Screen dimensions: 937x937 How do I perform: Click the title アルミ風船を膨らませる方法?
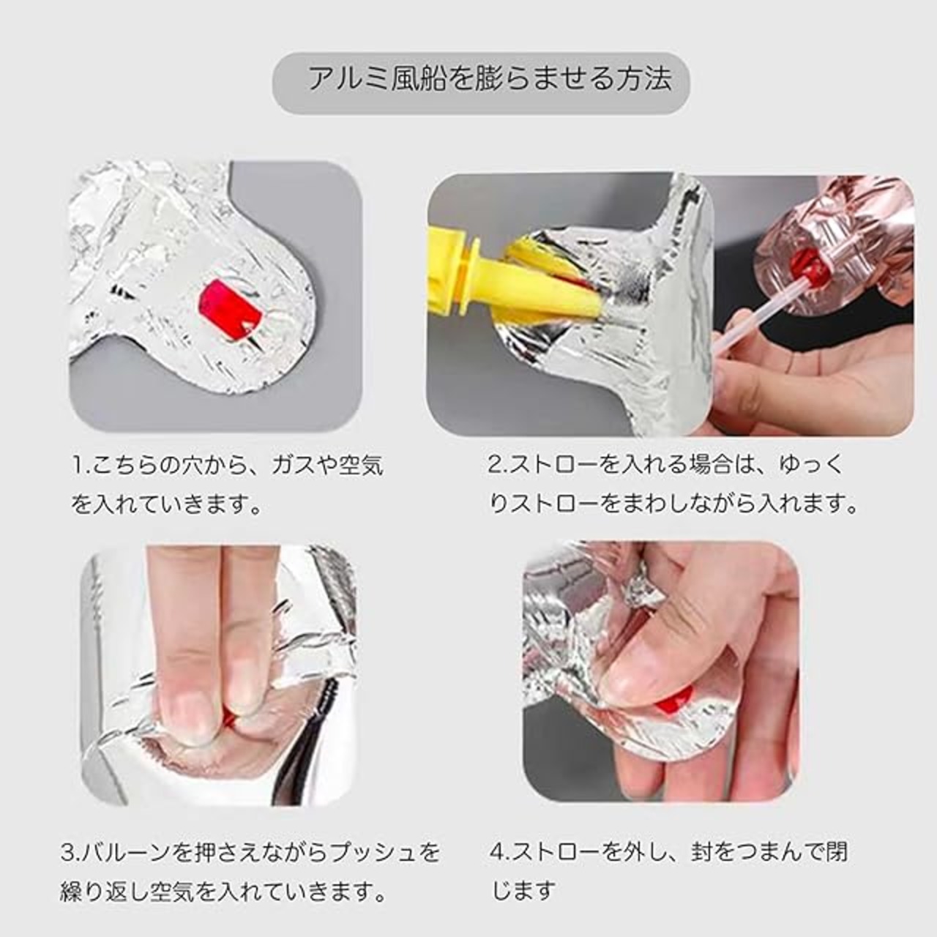490,78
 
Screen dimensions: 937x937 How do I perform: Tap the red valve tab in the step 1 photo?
231,305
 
